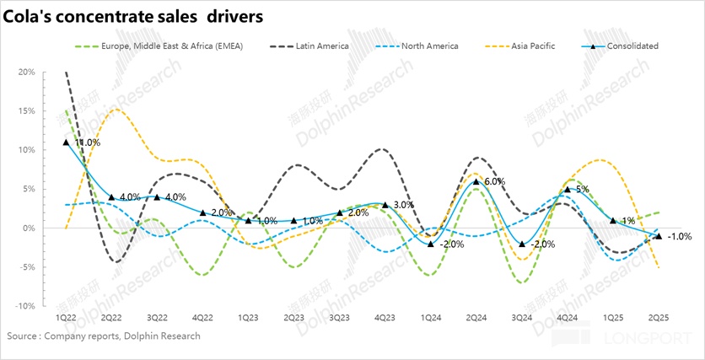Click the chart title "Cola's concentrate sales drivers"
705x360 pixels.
click(x=135, y=16)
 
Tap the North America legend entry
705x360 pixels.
click(x=429, y=46)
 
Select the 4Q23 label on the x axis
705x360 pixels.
click(x=384, y=319)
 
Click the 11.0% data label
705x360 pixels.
click(x=87, y=143)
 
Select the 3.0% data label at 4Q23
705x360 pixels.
click(x=403, y=205)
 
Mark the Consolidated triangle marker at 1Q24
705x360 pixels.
click(x=431, y=244)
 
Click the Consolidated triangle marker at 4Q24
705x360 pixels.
click(x=567, y=190)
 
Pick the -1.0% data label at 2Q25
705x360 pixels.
click(x=680, y=237)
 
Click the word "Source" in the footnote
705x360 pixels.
click(x=24, y=336)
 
